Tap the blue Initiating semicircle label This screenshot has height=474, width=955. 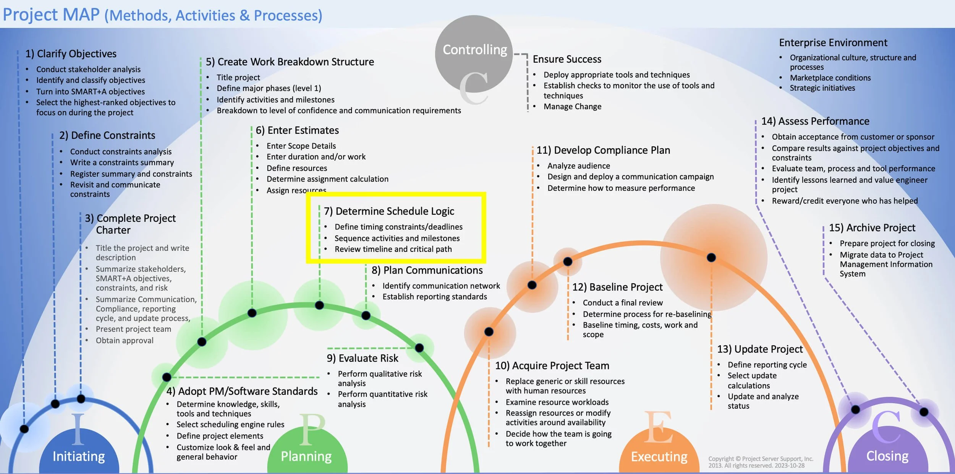(x=79, y=456)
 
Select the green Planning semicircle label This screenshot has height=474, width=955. (x=306, y=456)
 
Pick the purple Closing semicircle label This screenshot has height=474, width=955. (x=887, y=456)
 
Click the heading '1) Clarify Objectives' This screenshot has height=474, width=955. (x=71, y=54)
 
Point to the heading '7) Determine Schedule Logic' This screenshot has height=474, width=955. (x=389, y=211)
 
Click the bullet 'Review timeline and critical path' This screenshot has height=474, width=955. (x=393, y=249)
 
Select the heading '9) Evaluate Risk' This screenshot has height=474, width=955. (x=362, y=358)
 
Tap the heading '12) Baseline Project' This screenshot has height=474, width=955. (x=617, y=287)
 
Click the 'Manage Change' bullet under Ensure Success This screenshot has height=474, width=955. (x=572, y=107)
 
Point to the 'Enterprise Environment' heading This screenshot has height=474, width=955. (x=833, y=43)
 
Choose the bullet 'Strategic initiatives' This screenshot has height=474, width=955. (x=822, y=88)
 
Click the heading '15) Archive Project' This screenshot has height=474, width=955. (x=872, y=228)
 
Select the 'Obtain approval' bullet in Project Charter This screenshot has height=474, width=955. (x=125, y=341)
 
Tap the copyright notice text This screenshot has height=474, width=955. (x=760, y=462)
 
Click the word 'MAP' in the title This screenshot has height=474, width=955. (x=81, y=15)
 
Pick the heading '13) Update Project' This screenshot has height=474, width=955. (x=760, y=349)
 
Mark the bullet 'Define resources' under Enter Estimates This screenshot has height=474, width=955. (x=297, y=168)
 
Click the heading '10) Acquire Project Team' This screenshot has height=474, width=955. (x=552, y=366)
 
